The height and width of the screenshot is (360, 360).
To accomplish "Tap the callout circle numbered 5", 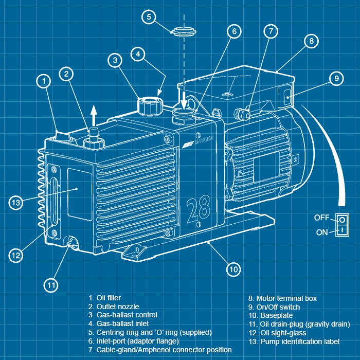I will [149, 17].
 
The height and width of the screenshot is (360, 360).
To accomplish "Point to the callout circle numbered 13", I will [16, 203].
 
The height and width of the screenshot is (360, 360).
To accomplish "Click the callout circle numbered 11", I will [50, 284].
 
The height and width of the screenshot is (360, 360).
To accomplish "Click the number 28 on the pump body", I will [198, 207].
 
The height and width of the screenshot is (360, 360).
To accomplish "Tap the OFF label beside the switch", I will [322, 218].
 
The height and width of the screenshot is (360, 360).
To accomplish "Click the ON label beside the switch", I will [322, 232].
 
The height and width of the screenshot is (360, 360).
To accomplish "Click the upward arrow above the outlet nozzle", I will [93, 114].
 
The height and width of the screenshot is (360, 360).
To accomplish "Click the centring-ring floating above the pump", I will [183, 30].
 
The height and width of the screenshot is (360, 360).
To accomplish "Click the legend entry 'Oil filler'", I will [105, 298].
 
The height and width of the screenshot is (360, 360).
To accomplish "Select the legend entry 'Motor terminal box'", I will [282, 298].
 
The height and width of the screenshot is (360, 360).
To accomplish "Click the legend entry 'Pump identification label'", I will [294, 341].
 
